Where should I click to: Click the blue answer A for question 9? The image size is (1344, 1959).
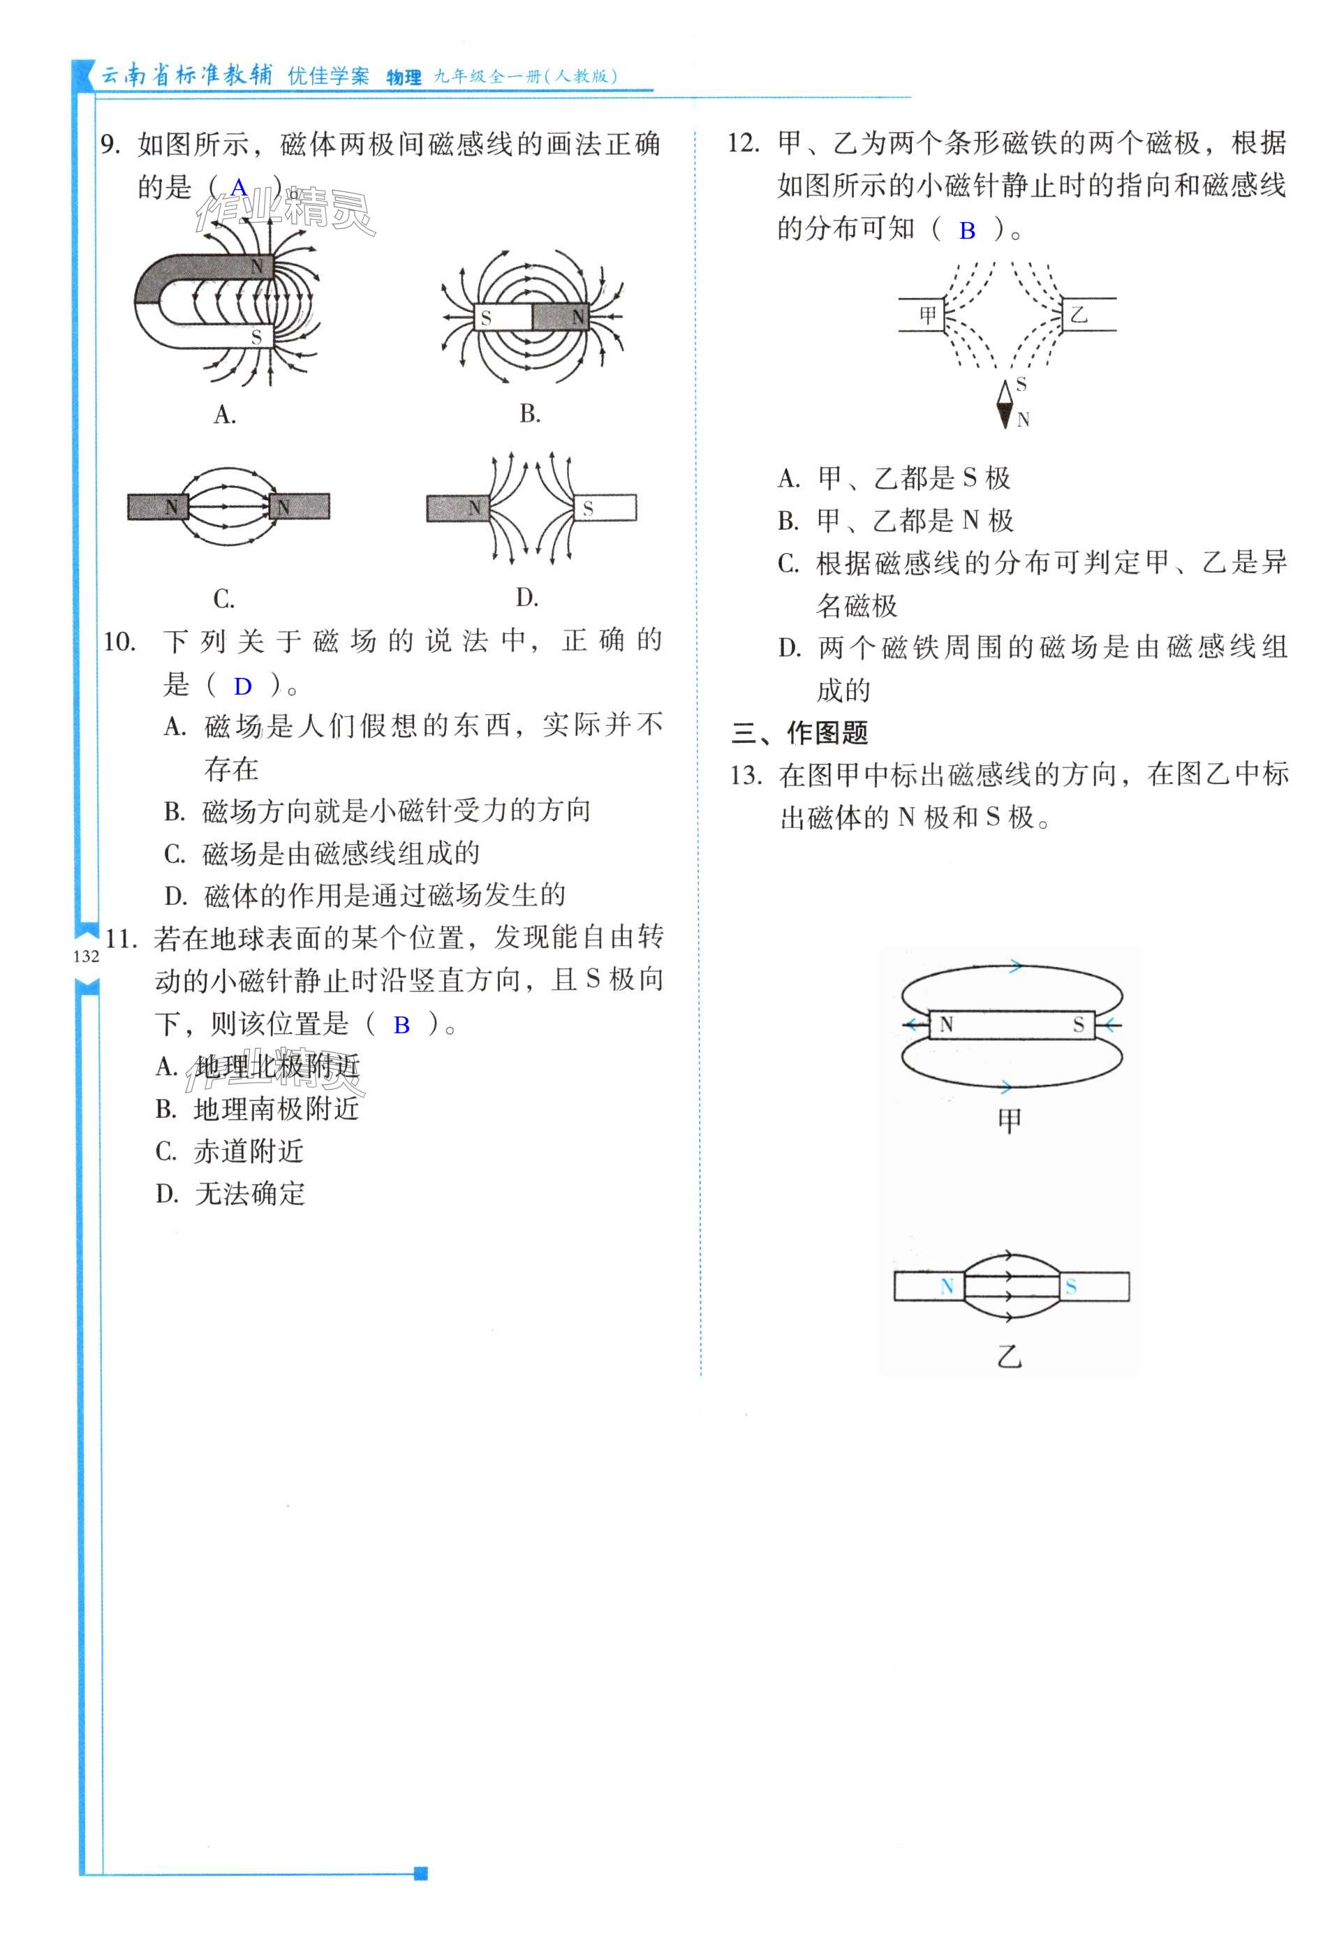pyautogui.click(x=239, y=187)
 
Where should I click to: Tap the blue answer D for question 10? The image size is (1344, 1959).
pyautogui.click(x=243, y=686)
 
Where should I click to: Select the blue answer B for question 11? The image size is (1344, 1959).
pyautogui.click(x=401, y=1025)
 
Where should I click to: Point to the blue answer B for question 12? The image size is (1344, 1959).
pyautogui.click(x=967, y=230)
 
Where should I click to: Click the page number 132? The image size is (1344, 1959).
pyautogui.click(x=86, y=956)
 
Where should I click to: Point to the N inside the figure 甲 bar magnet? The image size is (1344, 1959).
pyautogui.click(x=946, y=1024)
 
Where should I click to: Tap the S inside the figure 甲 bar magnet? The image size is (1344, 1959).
pyautogui.click(x=1079, y=1025)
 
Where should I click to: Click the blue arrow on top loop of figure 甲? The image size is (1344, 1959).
pyautogui.click(x=1015, y=966)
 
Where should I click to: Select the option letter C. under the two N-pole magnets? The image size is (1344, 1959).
pyautogui.click(x=223, y=599)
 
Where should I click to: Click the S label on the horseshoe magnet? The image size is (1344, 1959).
pyautogui.click(x=256, y=337)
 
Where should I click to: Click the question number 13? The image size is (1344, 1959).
pyautogui.click(x=747, y=776)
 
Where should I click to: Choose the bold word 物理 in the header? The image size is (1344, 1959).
pyautogui.click(x=404, y=77)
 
